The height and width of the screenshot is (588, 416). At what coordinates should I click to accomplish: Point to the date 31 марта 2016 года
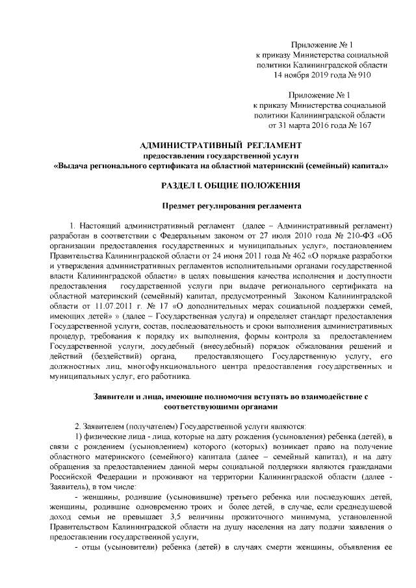(x=307, y=125)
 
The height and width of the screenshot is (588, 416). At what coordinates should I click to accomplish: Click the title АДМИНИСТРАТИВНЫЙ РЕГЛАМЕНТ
(x=221, y=144)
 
